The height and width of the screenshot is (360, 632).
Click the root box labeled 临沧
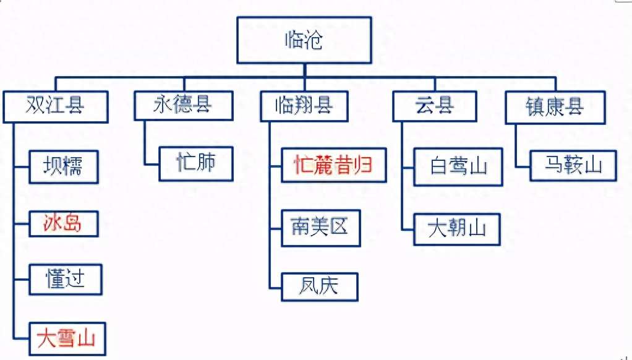tap(304, 40)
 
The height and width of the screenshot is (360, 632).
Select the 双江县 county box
tap(56, 107)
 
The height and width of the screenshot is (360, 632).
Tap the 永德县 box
tap(184, 106)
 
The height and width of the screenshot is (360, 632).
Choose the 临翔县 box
tap(304, 106)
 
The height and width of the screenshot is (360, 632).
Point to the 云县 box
tap(435, 106)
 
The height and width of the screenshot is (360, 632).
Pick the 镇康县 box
tap(555, 107)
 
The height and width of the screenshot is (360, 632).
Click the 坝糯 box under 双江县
tap(64, 167)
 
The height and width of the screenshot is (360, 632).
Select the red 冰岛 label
tap(62, 223)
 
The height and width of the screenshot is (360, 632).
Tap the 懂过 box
tap(66, 280)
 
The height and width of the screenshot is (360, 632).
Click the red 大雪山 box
tap(67, 338)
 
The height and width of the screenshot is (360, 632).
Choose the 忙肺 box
tap(196, 164)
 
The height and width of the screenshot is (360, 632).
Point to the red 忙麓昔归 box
tap(334, 165)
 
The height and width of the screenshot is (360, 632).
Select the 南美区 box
tap(321, 228)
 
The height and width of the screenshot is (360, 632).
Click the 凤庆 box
tap(320, 287)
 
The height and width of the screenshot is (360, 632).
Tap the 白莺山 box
tap(458, 167)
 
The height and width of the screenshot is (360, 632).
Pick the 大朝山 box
tap(457, 229)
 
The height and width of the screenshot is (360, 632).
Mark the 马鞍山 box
tap(573, 166)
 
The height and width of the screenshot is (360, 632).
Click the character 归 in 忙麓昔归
tap(362, 165)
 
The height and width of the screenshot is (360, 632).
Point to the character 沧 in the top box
tap(313, 40)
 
